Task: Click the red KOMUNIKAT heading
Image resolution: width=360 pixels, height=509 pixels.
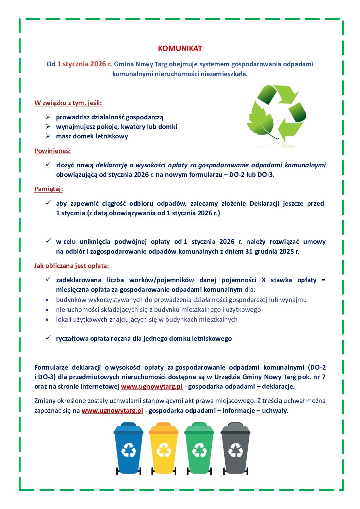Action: pyautogui.click(x=180, y=49)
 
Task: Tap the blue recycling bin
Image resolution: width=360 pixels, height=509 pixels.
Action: pyautogui.click(x=129, y=448)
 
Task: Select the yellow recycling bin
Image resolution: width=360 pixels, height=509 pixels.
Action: pyautogui.click(x=164, y=448)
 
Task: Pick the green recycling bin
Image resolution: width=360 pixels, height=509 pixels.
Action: pyautogui.click(x=199, y=448)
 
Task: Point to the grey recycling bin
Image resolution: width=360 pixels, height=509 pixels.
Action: pyautogui.click(x=235, y=448)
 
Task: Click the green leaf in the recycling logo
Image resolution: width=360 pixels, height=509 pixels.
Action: pyautogui.click(x=261, y=119)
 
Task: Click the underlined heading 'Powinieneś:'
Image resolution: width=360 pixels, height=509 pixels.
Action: pyautogui.click(x=52, y=151)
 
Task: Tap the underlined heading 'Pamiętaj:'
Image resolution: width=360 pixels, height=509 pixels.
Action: pyautogui.click(x=48, y=189)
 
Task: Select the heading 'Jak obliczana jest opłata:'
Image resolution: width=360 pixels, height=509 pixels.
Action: pyautogui.click(x=71, y=266)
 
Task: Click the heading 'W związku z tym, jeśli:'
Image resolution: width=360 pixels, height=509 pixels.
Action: pyautogui.click(x=68, y=103)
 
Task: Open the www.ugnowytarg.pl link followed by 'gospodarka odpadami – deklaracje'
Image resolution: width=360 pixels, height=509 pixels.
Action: pyautogui.click(x=152, y=387)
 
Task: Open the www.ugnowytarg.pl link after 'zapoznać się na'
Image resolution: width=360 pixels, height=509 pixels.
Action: pyautogui.click(x=112, y=411)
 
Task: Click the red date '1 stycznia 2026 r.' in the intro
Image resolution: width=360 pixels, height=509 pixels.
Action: pyautogui.click(x=84, y=64)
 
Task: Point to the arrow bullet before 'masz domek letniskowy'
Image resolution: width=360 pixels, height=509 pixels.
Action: pyautogui.click(x=48, y=136)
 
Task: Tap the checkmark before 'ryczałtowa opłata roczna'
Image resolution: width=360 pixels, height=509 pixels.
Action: pyautogui.click(x=48, y=338)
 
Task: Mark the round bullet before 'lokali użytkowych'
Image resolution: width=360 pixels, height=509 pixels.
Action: pyautogui.click(x=47, y=320)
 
